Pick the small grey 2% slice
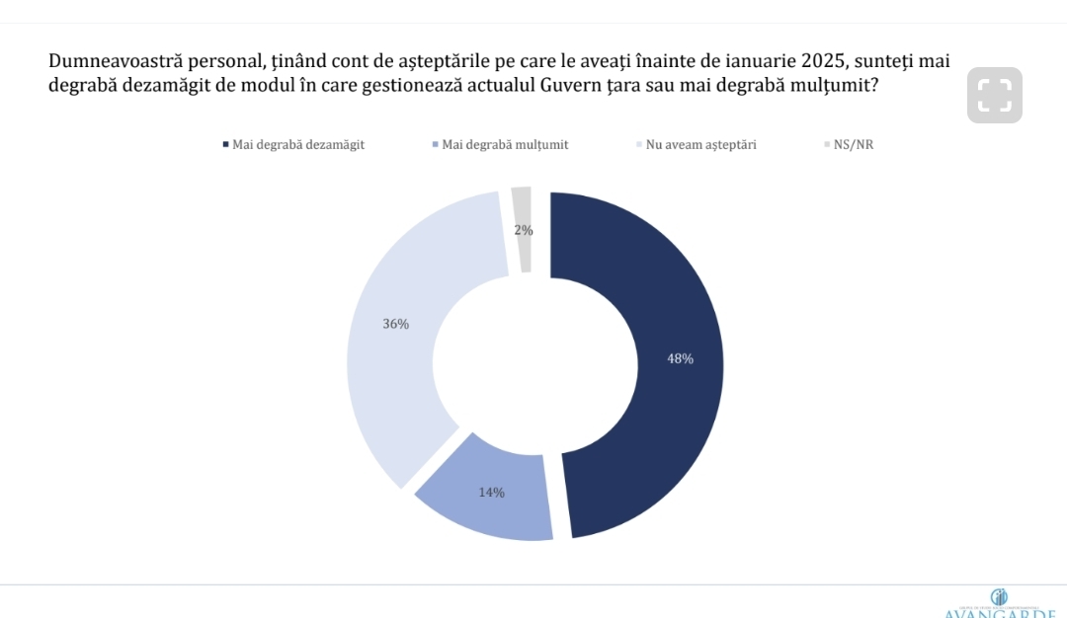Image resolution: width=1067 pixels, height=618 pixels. pyautogui.click(x=523, y=212)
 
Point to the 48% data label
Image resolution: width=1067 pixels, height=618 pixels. pyautogui.click(x=680, y=359)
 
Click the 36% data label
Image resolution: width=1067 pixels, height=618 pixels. pyautogui.click(x=396, y=324)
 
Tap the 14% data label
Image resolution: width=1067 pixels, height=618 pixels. pyautogui.click(x=491, y=492)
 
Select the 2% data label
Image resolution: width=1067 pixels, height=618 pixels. pyautogui.click(x=524, y=230)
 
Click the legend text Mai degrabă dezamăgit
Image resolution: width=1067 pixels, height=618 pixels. pyautogui.click(x=298, y=145)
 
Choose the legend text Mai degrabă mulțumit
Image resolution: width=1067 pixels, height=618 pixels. pyautogui.click(x=505, y=145)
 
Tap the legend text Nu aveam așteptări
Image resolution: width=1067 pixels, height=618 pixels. pyautogui.click(x=701, y=145)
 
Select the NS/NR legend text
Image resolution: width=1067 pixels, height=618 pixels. pyautogui.click(x=855, y=145)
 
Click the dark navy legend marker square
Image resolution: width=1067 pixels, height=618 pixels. pyautogui.click(x=225, y=145)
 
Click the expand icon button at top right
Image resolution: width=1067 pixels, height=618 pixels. pyautogui.click(x=995, y=95)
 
